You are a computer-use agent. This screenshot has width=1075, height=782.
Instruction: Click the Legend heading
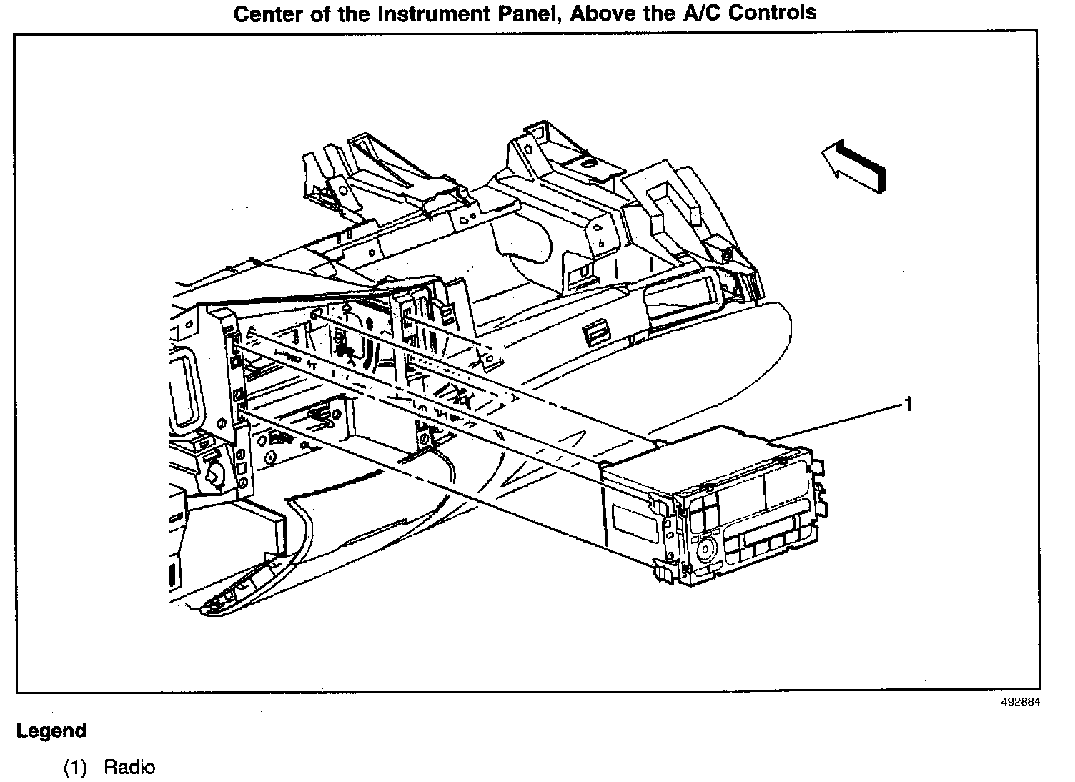coord(51,731)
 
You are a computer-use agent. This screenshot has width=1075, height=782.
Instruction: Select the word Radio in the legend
coord(129,768)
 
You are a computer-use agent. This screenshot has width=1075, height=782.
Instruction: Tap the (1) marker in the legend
coord(75,768)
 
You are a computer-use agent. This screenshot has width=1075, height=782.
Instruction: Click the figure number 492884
coord(1021,702)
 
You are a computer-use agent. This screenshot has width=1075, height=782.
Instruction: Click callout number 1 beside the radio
coord(908,405)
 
